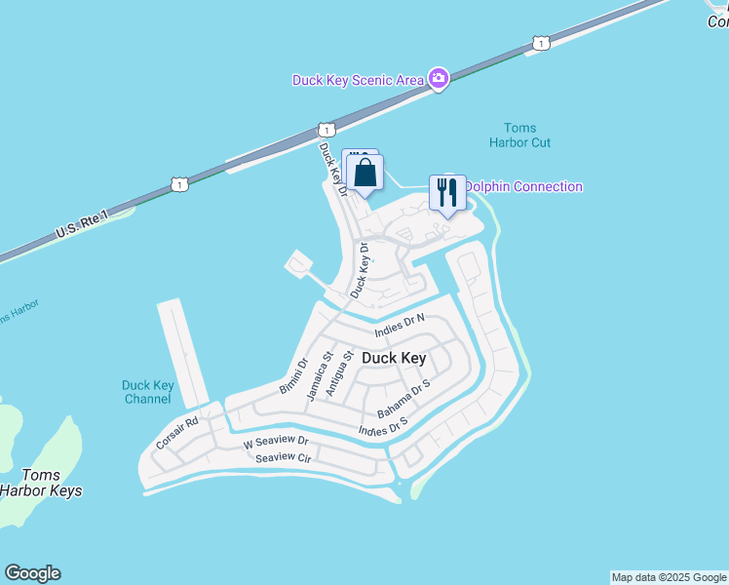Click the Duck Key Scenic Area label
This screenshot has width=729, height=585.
click(x=358, y=80)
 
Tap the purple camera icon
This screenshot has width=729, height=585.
click(x=439, y=78)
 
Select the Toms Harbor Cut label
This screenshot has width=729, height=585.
click(x=519, y=136)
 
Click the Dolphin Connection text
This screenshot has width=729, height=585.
click(x=523, y=187)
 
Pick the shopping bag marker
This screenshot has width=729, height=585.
click(x=364, y=174)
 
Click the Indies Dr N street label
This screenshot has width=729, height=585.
click(x=400, y=326)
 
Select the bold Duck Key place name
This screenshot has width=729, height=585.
click(x=394, y=358)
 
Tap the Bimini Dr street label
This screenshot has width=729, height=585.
click(x=293, y=376)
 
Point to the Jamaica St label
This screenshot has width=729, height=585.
click(x=316, y=375)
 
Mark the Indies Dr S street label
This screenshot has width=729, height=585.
click(x=382, y=425)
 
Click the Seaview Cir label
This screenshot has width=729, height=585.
click(x=283, y=457)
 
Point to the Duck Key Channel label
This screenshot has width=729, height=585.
click(x=148, y=392)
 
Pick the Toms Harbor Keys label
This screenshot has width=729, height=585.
click(x=40, y=484)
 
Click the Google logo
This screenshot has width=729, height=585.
click(x=32, y=573)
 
